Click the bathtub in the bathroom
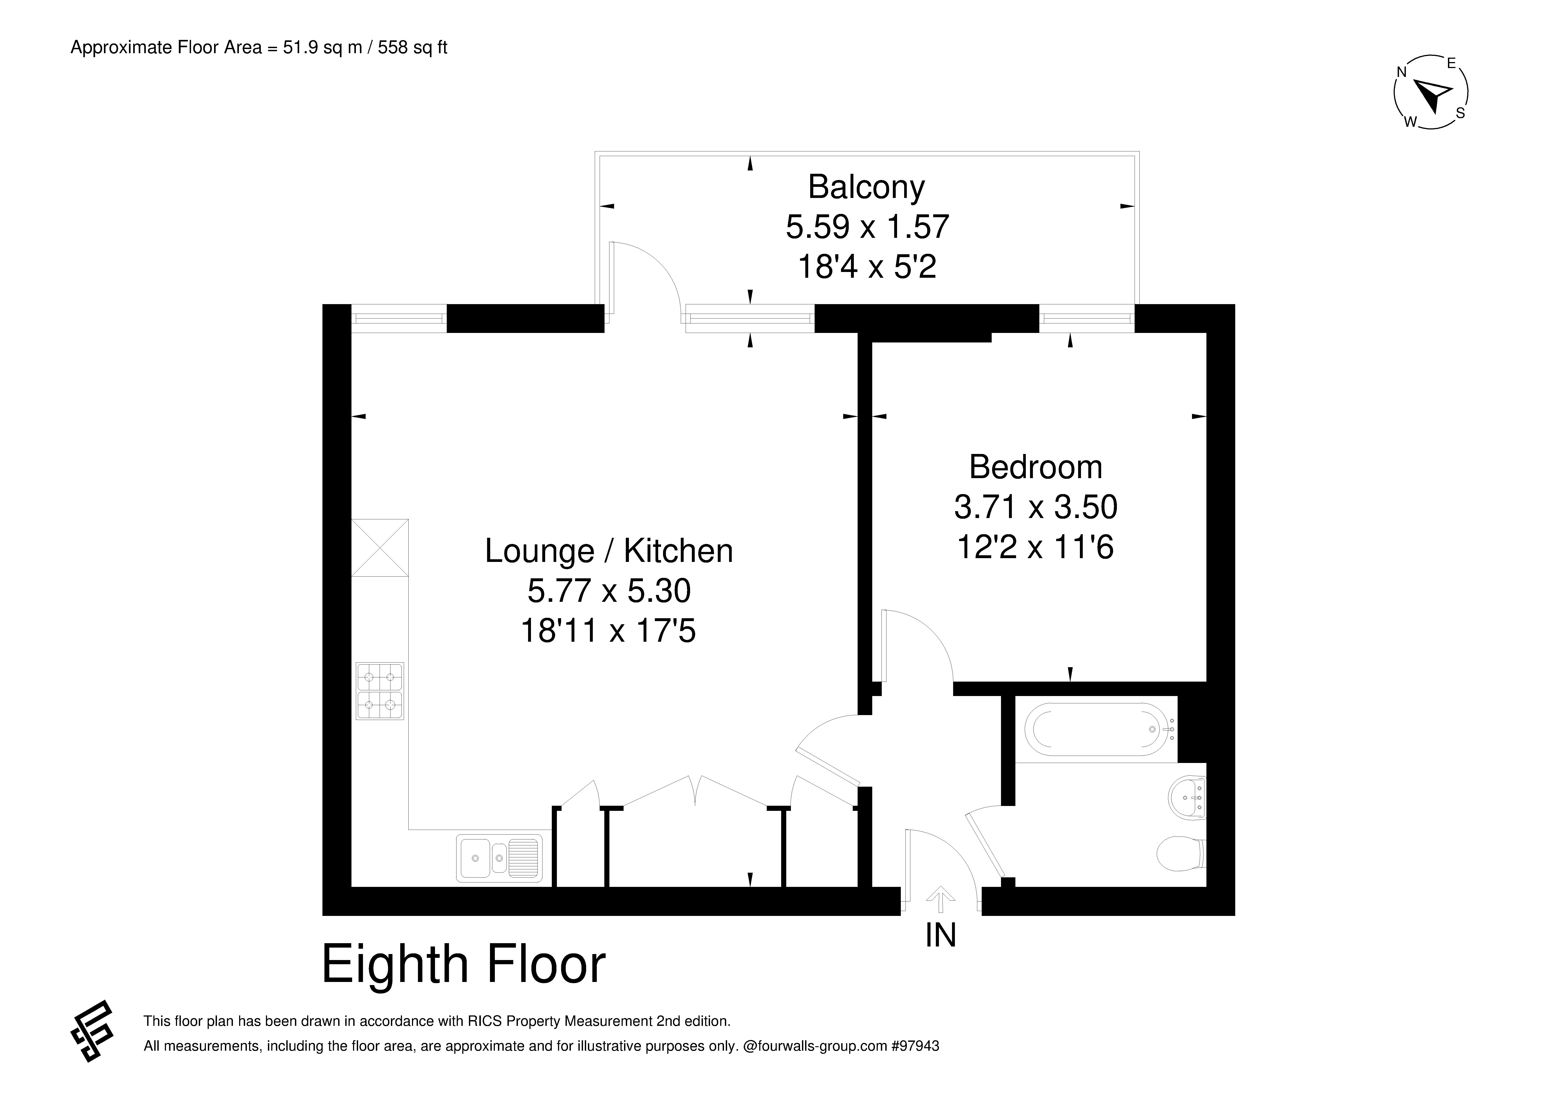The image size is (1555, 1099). click(x=1100, y=729)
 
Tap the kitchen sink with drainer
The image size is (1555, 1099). click(x=499, y=858)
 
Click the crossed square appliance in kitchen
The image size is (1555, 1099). click(x=380, y=548)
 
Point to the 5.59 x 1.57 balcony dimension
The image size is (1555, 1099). click(x=867, y=227)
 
